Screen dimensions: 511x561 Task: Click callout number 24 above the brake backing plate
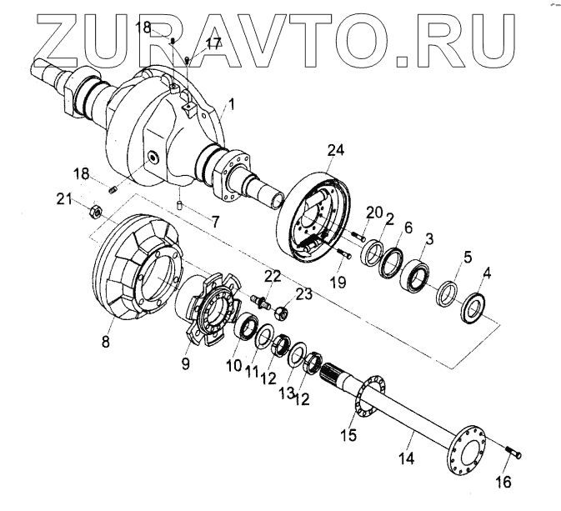(x=336, y=151)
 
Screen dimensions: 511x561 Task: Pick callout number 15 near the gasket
(x=348, y=435)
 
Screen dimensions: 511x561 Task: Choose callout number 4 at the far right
(x=488, y=273)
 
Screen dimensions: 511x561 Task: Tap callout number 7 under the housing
(x=216, y=223)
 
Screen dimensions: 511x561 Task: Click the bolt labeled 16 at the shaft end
(x=513, y=453)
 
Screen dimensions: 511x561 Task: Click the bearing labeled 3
(x=415, y=275)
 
